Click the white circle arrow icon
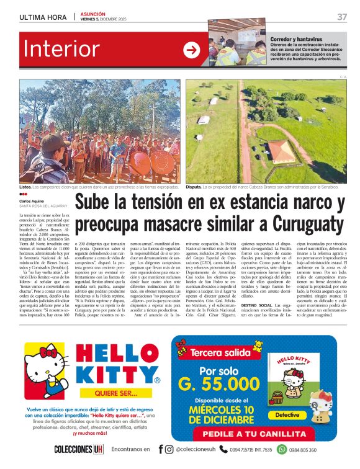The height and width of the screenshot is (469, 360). tap(192, 50)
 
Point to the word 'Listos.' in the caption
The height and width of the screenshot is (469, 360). tap(25, 186)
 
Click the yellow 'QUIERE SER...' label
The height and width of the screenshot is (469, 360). tap(116, 393)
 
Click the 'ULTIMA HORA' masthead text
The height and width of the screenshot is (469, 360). tap(43, 17)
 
